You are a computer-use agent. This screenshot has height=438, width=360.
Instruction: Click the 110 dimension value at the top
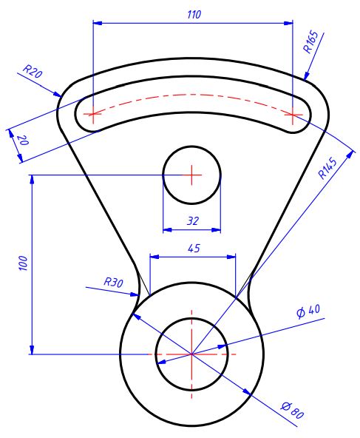(x=194, y=14)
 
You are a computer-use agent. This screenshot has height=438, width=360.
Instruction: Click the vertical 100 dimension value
(x=22, y=263)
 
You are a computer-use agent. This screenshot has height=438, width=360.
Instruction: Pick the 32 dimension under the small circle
(x=192, y=220)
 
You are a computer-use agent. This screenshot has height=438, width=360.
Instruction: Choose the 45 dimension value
(x=194, y=249)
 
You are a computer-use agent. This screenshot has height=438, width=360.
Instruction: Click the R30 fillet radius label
(x=112, y=282)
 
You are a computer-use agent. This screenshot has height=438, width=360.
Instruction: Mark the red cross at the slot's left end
(x=92, y=114)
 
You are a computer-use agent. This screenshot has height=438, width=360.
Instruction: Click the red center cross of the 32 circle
(x=191, y=175)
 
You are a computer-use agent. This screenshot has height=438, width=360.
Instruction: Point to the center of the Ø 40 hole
(x=192, y=354)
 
